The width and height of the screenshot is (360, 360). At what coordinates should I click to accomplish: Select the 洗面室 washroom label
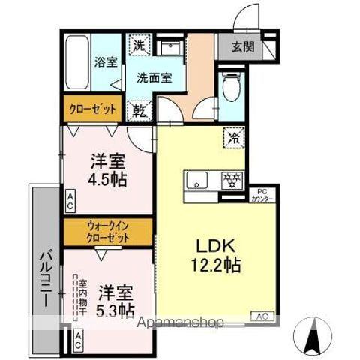(x=152, y=76)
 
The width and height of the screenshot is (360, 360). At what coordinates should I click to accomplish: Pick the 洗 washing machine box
(x=139, y=46)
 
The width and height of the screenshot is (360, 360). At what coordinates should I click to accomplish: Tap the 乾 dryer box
(x=139, y=111)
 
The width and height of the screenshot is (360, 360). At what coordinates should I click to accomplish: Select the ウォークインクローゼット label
(x=108, y=230)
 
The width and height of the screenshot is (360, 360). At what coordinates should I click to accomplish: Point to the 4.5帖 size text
(x=108, y=180)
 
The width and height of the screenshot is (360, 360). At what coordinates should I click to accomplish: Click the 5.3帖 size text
(x=115, y=308)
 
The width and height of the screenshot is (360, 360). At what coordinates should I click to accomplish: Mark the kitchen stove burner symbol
(x=231, y=181)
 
